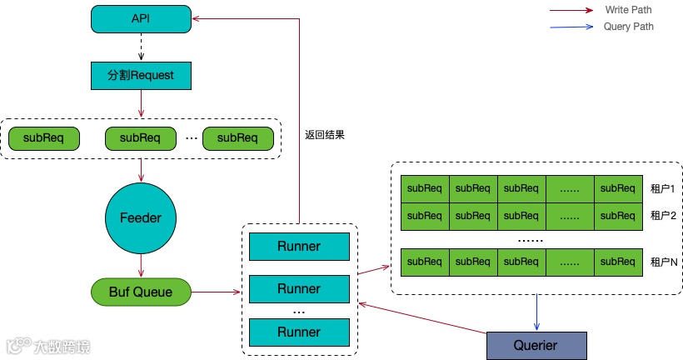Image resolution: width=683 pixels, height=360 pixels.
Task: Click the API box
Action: (x=140, y=19)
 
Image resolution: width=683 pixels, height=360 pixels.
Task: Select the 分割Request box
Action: (x=140, y=75)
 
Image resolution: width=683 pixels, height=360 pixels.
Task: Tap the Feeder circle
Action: (x=140, y=217)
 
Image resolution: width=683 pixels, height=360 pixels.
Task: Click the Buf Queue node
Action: (x=140, y=292)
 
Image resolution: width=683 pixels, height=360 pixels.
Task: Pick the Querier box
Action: (x=536, y=345)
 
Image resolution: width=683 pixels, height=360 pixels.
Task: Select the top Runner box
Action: (x=299, y=247)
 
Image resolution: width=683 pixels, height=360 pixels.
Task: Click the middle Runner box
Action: (x=299, y=289)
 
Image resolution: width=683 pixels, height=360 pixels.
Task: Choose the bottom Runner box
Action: (x=299, y=332)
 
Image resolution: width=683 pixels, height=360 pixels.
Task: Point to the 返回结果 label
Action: (x=325, y=134)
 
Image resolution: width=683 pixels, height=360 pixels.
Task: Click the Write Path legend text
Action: (x=628, y=10)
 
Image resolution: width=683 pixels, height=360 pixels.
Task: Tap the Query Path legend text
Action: (x=628, y=27)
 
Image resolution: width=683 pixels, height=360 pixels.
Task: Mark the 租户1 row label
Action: (x=662, y=189)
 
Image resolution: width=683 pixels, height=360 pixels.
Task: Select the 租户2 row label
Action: (x=662, y=216)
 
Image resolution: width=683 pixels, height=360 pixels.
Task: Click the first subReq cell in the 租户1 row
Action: (x=425, y=188)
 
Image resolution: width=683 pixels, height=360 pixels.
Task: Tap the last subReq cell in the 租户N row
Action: (x=618, y=262)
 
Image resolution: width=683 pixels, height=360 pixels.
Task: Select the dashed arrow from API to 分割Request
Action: (x=140, y=47)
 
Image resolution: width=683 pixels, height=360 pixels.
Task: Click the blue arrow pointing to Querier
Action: (x=536, y=312)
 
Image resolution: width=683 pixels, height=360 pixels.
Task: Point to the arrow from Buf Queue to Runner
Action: (x=219, y=292)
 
